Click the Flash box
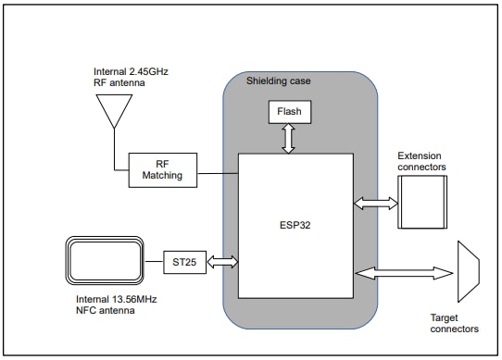[290, 112]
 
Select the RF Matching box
[162, 168]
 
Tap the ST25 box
[183, 262]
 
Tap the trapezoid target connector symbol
[468, 272]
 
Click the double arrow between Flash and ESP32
[290, 139]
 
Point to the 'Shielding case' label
[279, 81]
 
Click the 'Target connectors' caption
[455, 323]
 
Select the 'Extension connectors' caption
[421, 161]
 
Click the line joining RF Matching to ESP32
[218, 172]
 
